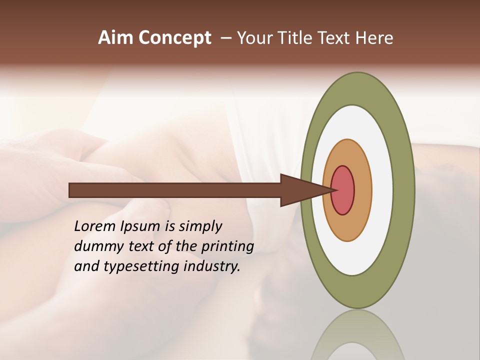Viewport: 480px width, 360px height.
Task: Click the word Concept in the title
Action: [x=174, y=38]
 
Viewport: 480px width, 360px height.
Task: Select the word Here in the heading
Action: [x=374, y=38]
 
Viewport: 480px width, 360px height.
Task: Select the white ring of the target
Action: [x=382, y=190]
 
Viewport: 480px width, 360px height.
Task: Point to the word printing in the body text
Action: [x=227, y=247]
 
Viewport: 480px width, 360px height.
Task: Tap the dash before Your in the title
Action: [x=226, y=38]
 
